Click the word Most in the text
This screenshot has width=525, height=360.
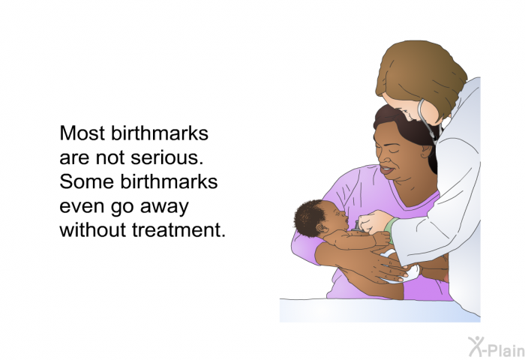[x=82, y=133]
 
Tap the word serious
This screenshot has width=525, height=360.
[x=167, y=157]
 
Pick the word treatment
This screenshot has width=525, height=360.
[x=178, y=230]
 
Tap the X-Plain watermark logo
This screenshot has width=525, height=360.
[x=496, y=347]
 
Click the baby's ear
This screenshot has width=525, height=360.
[x=322, y=229]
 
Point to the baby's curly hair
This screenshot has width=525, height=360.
[x=309, y=217]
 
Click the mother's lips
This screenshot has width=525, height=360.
[x=387, y=169]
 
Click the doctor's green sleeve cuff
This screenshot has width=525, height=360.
[x=391, y=230]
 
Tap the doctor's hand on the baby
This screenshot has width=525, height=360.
[x=373, y=222]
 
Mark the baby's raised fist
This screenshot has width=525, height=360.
[x=382, y=238]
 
